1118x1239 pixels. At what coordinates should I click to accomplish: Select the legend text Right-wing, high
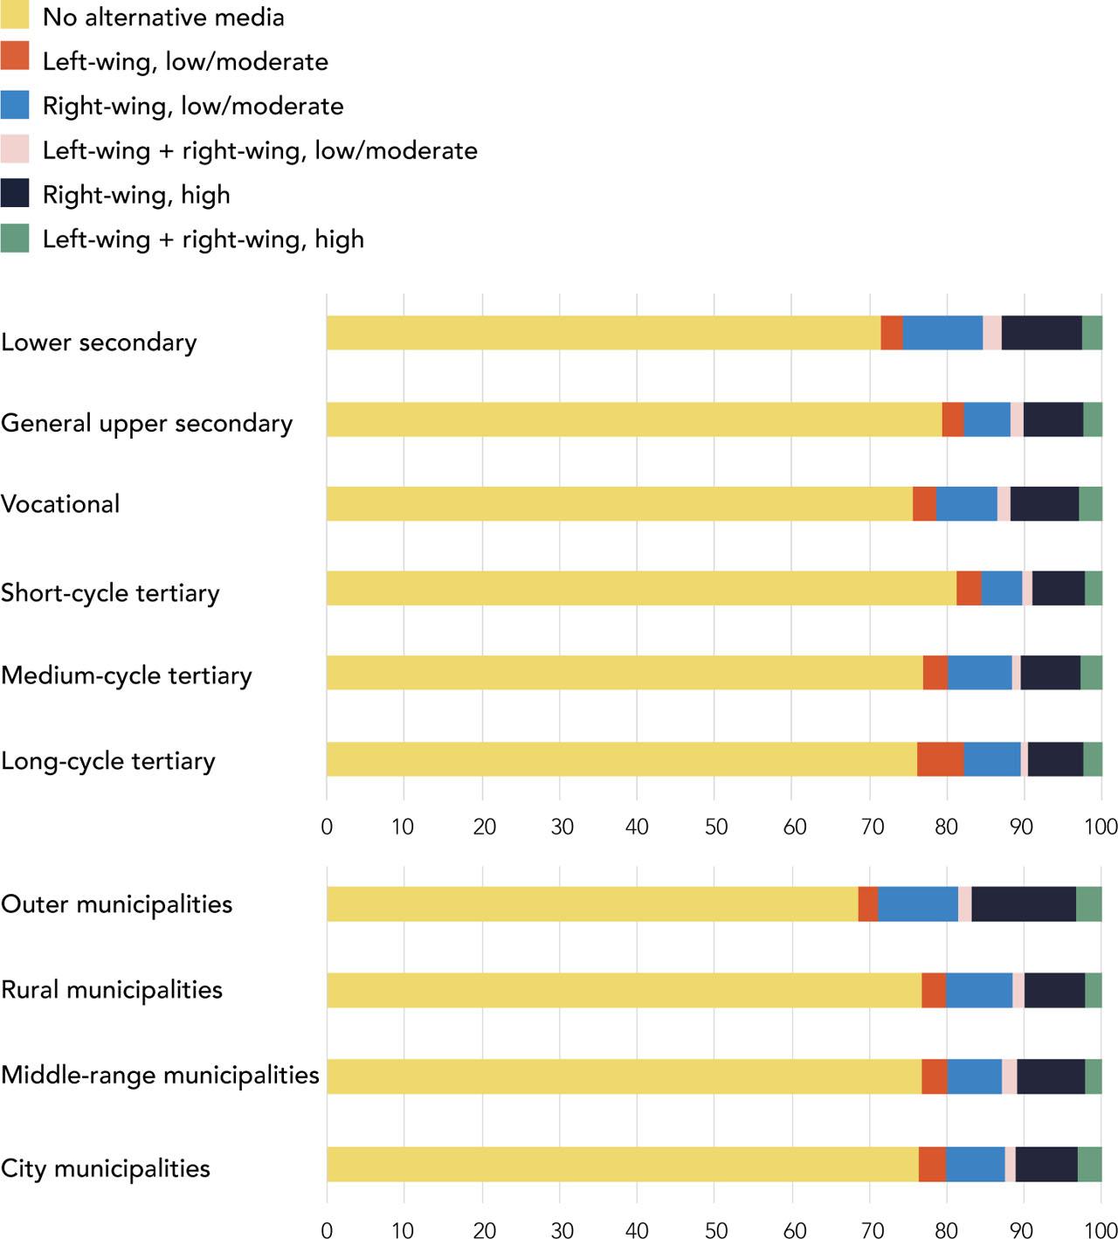pyautogui.click(x=136, y=194)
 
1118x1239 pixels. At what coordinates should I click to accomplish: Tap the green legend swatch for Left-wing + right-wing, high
pyautogui.click(x=15, y=239)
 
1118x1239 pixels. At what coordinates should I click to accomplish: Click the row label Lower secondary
pyautogui.click(x=99, y=342)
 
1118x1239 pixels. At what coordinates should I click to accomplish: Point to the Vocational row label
pyautogui.click(x=60, y=504)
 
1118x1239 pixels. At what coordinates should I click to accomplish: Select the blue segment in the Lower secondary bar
pyautogui.click(x=942, y=333)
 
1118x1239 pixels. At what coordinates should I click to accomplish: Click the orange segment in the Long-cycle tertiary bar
pyautogui.click(x=940, y=759)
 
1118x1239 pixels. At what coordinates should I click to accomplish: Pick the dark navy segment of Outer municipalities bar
pyautogui.click(x=1024, y=903)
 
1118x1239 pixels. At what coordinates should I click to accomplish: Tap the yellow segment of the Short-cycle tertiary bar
pyautogui.click(x=641, y=588)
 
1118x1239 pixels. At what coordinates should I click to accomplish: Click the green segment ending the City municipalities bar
pyautogui.click(x=1089, y=1164)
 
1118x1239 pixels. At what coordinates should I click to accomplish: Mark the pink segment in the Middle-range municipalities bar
pyautogui.click(x=1009, y=1076)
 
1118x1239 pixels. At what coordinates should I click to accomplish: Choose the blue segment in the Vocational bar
pyautogui.click(x=966, y=504)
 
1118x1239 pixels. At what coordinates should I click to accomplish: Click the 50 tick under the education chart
pyautogui.click(x=715, y=827)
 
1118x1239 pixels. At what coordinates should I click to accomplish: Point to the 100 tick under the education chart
pyautogui.click(x=1101, y=827)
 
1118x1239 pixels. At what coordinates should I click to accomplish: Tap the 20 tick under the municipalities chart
pyautogui.click(x=484, y=1230)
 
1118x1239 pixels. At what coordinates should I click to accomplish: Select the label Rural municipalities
pyautogui.click(x=112, y=990)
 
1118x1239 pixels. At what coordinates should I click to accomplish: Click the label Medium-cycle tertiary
pyautogui.click(x=127, y=675)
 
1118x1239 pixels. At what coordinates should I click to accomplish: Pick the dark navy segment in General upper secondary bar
pyautogui.click(x=1052, y=419)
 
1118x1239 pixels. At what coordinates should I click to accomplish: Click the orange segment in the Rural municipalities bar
pyautogui.click(x=933, y=990)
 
